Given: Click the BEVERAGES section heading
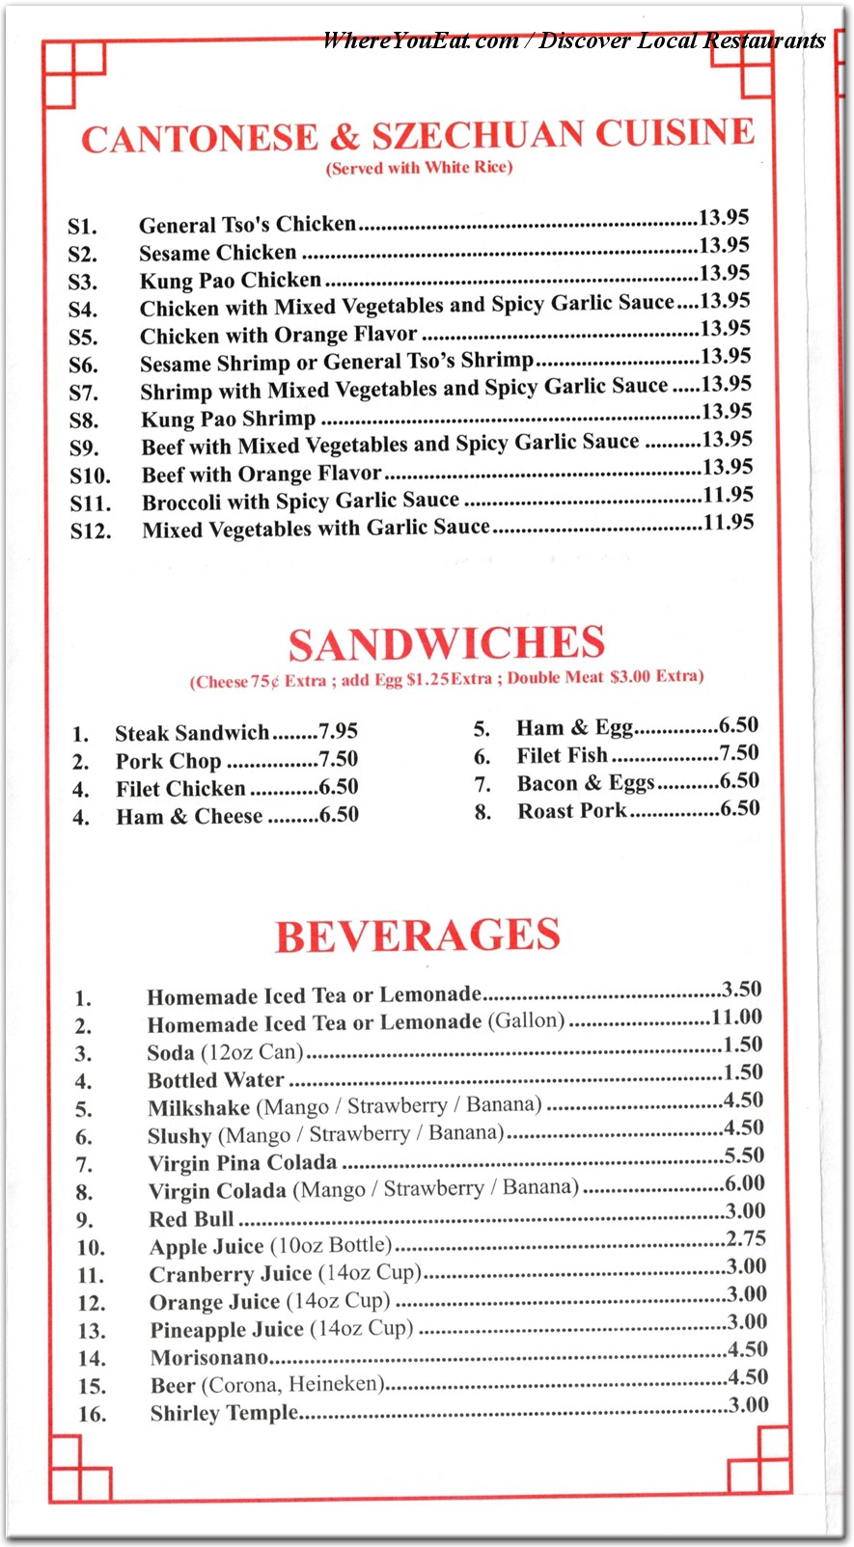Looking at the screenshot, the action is [x=417, y=936].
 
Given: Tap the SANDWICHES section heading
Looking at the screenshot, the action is [x=446, y=643].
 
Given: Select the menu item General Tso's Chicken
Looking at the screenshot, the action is [x=247, y=225].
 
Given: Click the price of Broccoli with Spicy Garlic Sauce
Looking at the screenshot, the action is [x=728, y=496].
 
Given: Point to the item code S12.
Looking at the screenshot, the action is [x=90, y=530].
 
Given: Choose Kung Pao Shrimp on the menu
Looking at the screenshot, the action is [x=228, y=420].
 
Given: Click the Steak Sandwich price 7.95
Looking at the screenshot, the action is [x=338, y=732].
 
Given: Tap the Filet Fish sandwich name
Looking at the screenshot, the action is [x=562, y=755].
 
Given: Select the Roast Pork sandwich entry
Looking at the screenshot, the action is [x=571, y=811].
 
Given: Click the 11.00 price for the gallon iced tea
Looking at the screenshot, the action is [x=736, y=1018].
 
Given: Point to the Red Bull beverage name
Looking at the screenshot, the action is [x=191, y=1219].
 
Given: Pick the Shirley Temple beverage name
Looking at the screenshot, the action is [x=224, y=1413].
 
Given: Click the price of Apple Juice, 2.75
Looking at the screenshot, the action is [x=746, y=1239].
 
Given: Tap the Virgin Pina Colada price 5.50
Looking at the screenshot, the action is [x=744, y=1155].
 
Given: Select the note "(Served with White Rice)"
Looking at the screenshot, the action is [x=419, y=168].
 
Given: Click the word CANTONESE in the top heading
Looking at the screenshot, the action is [x=199, y=139].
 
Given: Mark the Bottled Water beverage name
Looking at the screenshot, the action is [x=215, y=1080].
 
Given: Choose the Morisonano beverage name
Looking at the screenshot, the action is [x=208, y=1358].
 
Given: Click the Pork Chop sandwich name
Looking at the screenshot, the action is [x=168, y=761].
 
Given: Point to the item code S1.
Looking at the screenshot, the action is [x=82, y=227].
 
